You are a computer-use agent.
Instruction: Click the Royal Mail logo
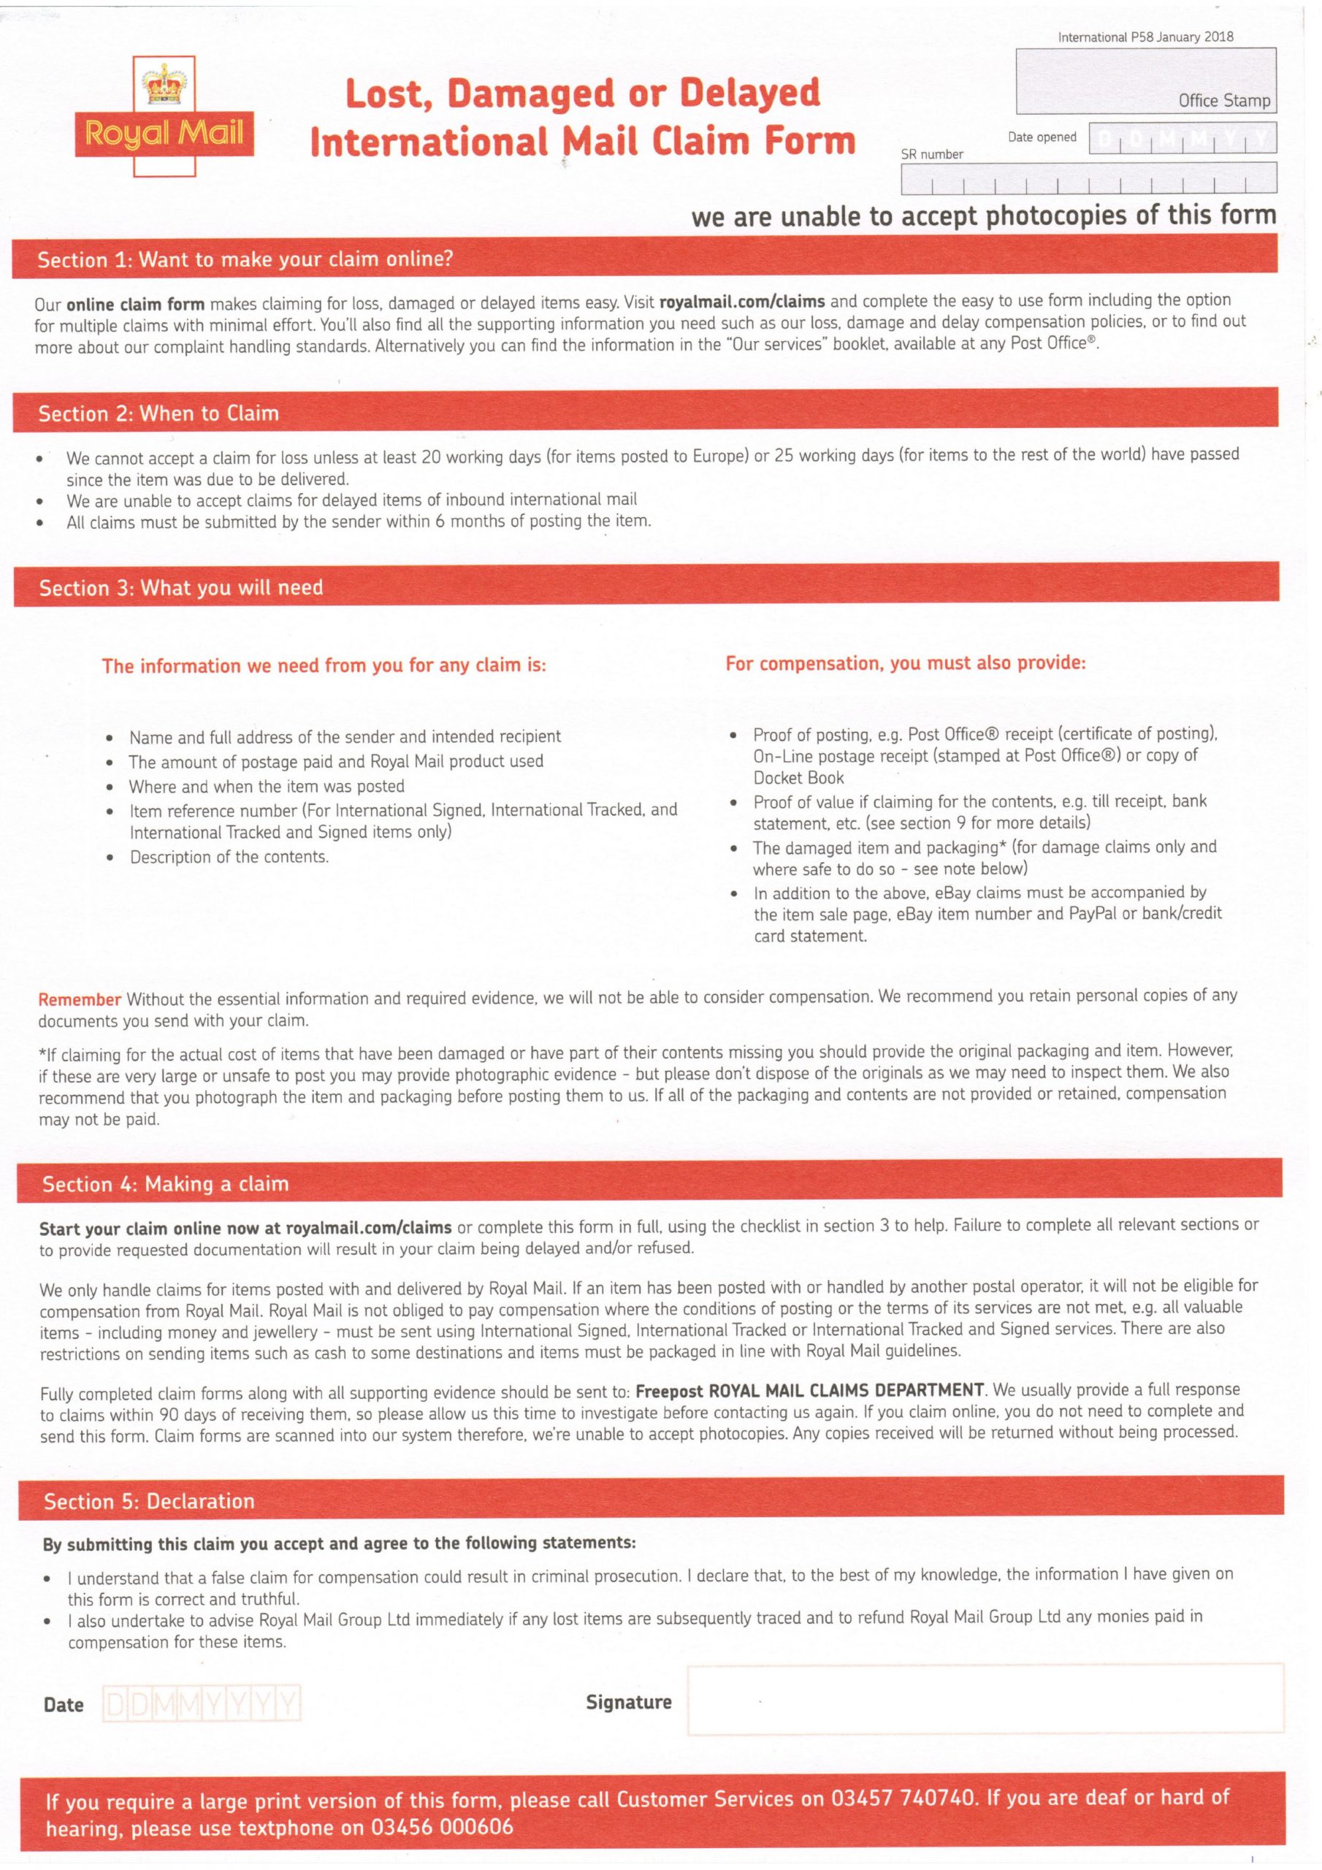pyautogui.click(x=164, y=116)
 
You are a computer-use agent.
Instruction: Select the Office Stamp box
pyautogui.click(x=1145, y=80)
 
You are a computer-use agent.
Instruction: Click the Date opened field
pyautogui.click(x=1181, y=137)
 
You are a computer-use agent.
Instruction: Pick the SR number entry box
pyautogui.click(x=1088, y=178)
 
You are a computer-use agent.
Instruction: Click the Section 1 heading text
pyautogui.click(x=245, y=260)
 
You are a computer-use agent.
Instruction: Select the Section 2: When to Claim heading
pyautogui.click(x=158, y=413)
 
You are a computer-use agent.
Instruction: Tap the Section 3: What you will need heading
pyautogui.click(x=181, y=588)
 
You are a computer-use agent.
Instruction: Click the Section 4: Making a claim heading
pyautogui.click(x=165, y=1184)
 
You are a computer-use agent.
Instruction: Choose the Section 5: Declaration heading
pyautogui.click(x=149, y=1502)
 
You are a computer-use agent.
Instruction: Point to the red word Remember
pyautogui.click(x=80, y=999)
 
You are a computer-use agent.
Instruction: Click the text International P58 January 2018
pyautogui.click(x=1145, y=37)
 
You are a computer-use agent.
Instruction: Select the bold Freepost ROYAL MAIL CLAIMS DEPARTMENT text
pyautogui.click(x=810, y=1390)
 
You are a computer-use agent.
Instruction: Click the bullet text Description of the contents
pyautogui.click(x=229, y=857)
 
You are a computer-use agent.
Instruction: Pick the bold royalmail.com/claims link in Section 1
pyautogui.click(x=741, y=302)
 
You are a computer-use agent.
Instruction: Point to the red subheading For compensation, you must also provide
pyautogui.click(x=905, y=663)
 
